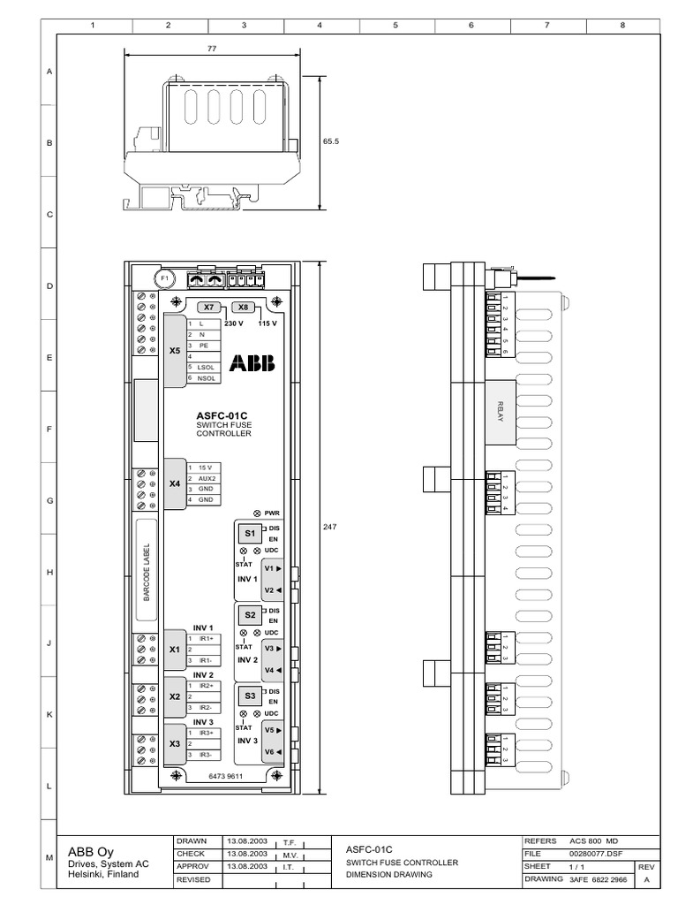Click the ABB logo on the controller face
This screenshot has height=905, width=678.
(x=252, y=363)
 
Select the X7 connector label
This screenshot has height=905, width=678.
(x=209, y=308)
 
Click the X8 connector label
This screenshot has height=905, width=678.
(x=245, y=308)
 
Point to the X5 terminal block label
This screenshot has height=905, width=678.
(x=174, y=350)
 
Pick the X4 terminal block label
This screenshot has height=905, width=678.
(x=174, y=484)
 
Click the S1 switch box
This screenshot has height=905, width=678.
(x=250, y=534)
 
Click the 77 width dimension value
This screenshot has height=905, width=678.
(x=211, y=49)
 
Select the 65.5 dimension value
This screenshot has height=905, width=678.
(x=332, y=141)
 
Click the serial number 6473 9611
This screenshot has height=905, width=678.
(x=224, y=775)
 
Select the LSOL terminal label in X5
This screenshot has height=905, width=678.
(x=207, y=367)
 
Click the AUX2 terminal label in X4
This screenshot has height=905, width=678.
(x=207, y=478)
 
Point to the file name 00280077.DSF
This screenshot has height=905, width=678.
(x=595, y=855)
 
